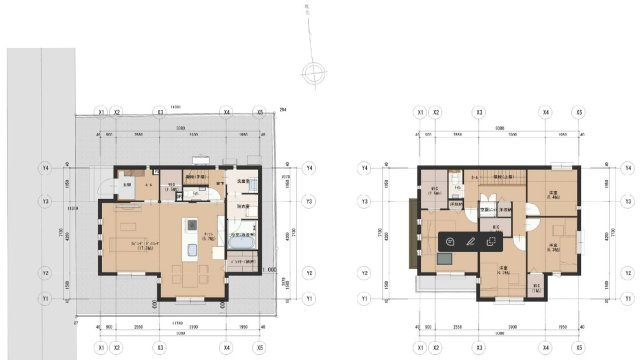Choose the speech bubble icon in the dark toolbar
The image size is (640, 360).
451,241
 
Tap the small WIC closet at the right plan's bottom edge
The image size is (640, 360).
536,288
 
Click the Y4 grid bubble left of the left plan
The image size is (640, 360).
45,168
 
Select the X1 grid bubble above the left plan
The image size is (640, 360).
101,112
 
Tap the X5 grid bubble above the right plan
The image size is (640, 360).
579,112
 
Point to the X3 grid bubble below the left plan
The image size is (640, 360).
160,348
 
